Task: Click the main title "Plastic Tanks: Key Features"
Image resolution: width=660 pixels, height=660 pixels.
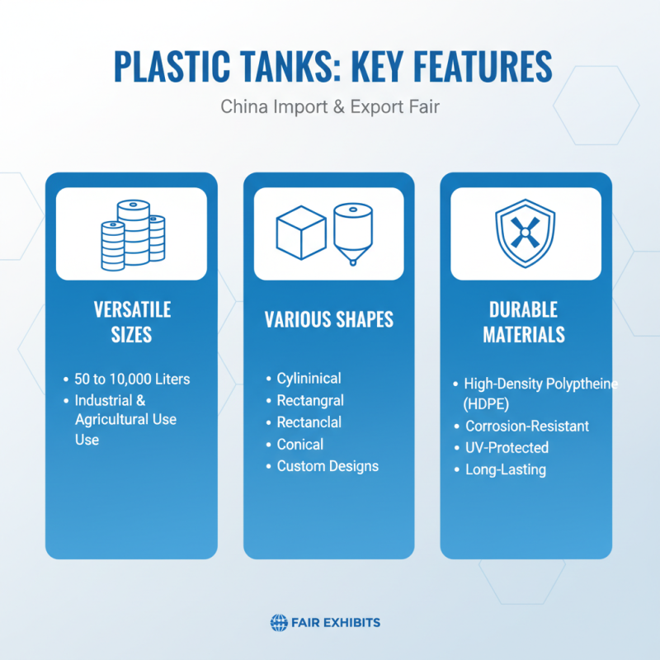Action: coord(330,66)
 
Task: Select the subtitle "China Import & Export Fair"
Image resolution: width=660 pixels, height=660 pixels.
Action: coord(330,108)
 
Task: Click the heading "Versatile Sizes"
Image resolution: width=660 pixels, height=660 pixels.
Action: coord(132,322)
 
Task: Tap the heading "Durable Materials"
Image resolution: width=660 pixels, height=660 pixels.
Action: coord(526,322)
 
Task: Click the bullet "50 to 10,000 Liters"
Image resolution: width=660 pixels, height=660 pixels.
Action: coord(132,379)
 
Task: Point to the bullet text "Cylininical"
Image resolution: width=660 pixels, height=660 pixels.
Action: coord(309,379)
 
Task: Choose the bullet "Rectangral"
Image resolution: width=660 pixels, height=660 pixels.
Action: coord(310,400)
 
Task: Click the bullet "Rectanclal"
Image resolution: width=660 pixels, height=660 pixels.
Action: coord(309,422)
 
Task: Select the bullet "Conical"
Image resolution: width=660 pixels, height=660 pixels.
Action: coord(300,445)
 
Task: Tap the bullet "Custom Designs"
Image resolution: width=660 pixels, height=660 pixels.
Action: coord(328,466)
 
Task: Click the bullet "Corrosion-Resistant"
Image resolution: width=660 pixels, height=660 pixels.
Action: coord(526,427)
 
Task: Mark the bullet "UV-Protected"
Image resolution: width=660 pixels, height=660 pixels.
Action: coord(507,448)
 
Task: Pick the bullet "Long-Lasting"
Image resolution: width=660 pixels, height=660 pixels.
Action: coord(505,469)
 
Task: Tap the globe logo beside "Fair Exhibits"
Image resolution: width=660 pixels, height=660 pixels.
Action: coord(278,623)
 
